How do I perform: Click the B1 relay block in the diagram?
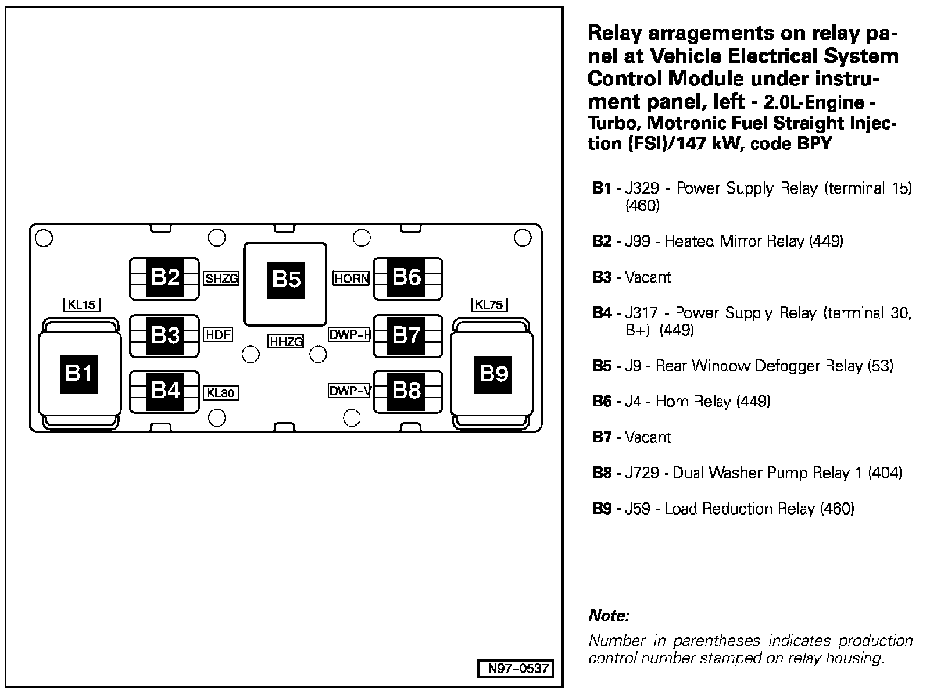pyautogui.click(x=79, y=373)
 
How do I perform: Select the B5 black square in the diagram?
pyautogui.click(x=286, y=280)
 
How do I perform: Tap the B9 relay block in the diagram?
pyautogui.click(x=493, y=373)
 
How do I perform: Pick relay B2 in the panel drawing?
pyautogui.click(x=165, y=278)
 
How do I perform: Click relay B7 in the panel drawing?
pyautogui.click(x=407, y=335)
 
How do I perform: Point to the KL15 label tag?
pyautogui.click(x=81, y=304)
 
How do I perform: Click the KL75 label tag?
pyautogui.click(x=489, y=304)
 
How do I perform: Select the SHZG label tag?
pyautogui.click(x=221, y=278)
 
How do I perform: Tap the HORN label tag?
pyautogui.click(x=351, y=278)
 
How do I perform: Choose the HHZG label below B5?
pyautogui.click(x=285, y=342)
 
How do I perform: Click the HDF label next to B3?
pyautogui.click(x=219, y=335)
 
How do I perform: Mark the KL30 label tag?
pyautogui.click(x=221, y=393)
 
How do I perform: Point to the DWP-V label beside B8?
pyautogui.click(x=349, y=391)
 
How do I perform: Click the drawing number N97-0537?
pyautogui.click(x=515, y=669)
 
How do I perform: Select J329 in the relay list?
pyautogui.click(x=641, y=188)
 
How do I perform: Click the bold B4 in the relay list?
pyautogui.click(x=602, y=313)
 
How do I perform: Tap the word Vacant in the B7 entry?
pyautogui.click(x=648, y=437)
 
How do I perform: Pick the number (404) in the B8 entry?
pyautogui.click(x=884, y=473)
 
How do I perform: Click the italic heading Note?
pyautogui.click(x=609, y=615)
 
